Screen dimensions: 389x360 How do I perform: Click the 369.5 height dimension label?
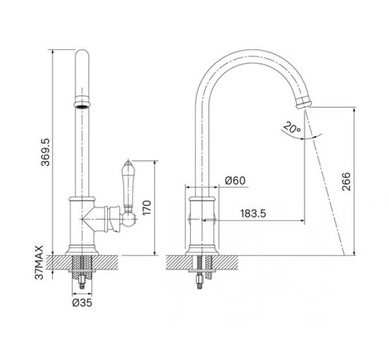(46, 152)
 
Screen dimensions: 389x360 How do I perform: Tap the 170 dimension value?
(146, 208)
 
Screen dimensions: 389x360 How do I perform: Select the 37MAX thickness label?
(39, 262)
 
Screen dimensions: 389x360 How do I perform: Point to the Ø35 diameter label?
(82, 302)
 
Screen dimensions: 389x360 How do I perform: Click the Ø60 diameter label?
(235, 181)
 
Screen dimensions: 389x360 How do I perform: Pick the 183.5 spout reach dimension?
(253, 214)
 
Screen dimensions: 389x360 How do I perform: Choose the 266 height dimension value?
(346, 182)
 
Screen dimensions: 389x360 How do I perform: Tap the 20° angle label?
(292, 127)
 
